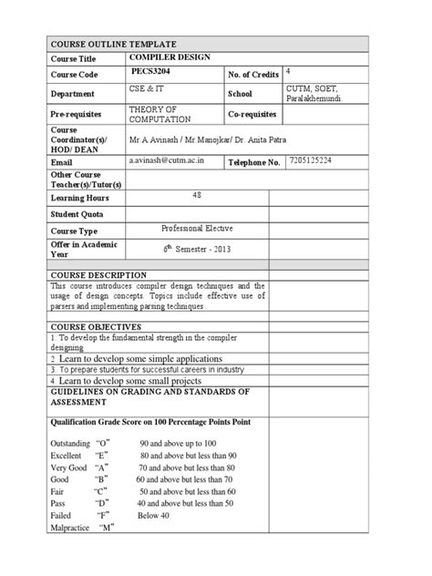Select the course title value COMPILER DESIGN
pyautogui.click(x=170, y=57)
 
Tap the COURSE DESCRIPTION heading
pyautogui.click(x=98, y=274)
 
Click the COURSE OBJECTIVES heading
pyautogui.click(x=96, y=325)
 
